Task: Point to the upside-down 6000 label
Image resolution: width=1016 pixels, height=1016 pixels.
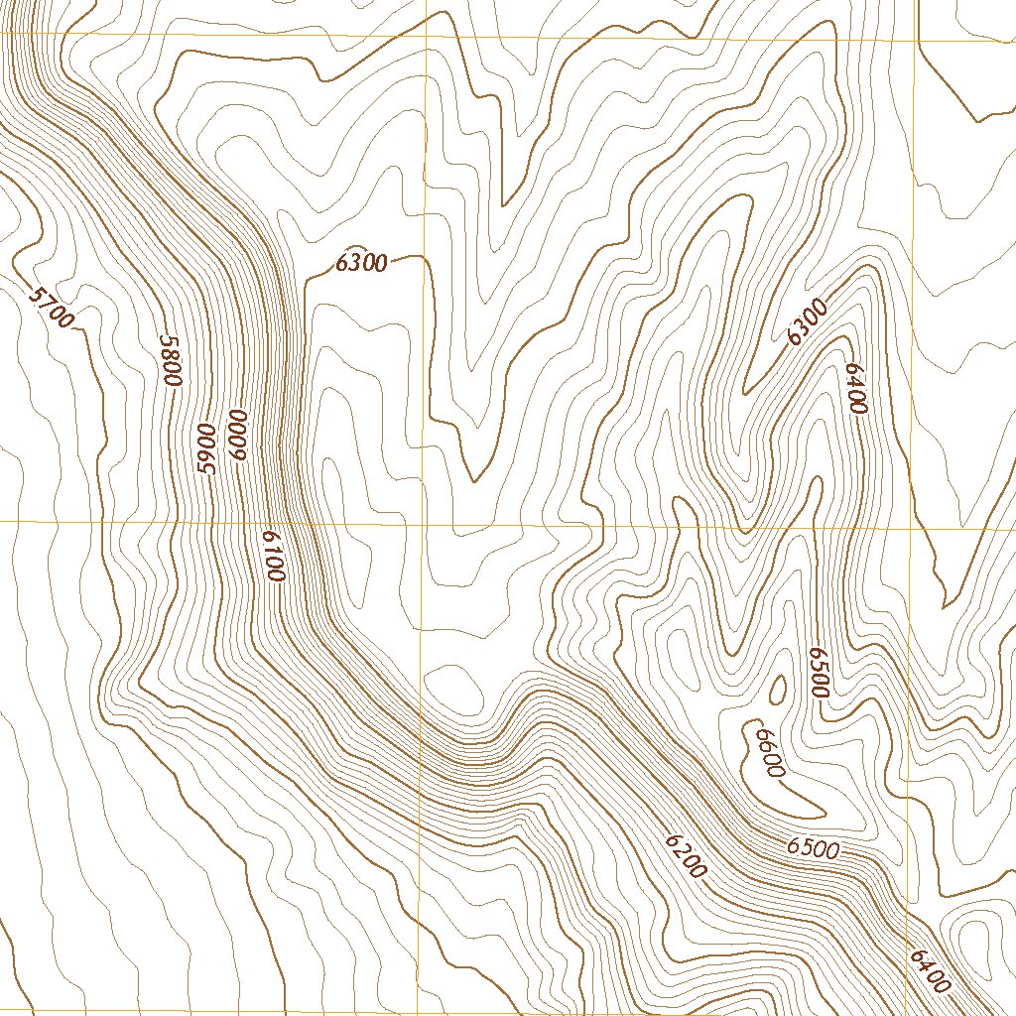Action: pos(236,433)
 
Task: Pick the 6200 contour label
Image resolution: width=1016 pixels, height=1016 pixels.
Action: pos(686,856)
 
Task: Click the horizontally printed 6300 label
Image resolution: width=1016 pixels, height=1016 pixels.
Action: pos(361,263)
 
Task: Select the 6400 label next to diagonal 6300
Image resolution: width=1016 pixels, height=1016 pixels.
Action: pos(856,388)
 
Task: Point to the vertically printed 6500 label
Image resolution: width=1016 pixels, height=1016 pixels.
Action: pos(819,673)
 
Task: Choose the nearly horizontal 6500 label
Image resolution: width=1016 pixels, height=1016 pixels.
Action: pos(814,849)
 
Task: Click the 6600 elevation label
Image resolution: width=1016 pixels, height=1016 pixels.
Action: pos(770,752)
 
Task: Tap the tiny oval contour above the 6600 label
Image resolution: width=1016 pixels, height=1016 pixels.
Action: pos(777,688)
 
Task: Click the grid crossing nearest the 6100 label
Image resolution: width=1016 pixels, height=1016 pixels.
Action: pos(424,522)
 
